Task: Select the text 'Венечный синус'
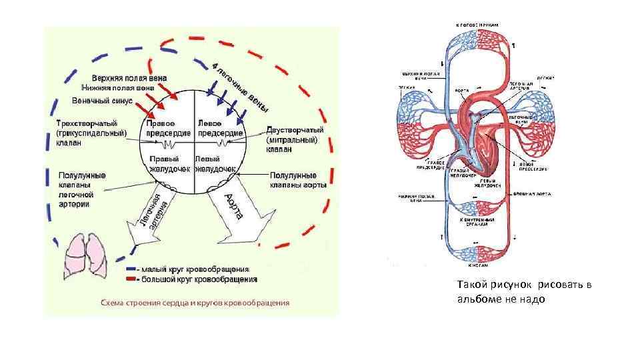click(103, 101)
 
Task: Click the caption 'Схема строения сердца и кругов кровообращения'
click(195, 303)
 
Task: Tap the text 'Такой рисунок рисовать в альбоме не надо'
click(523, 292)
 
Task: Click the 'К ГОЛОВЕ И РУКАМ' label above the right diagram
click(477, 25)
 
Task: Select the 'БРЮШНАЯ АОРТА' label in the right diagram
click(531, 194)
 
